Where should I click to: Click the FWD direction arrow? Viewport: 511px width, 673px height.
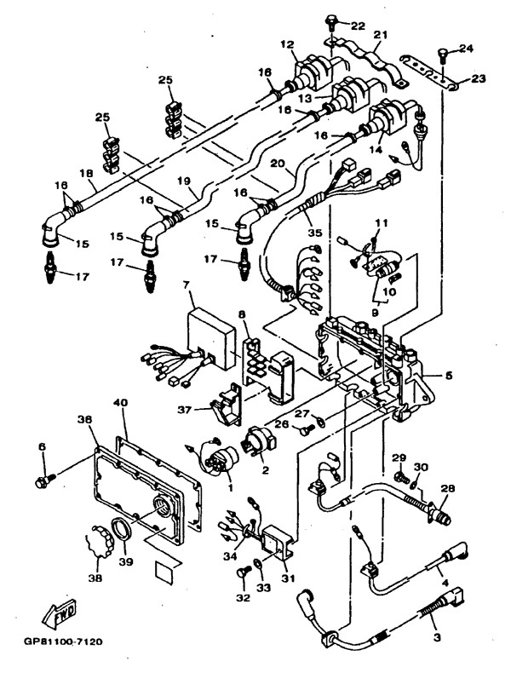60,612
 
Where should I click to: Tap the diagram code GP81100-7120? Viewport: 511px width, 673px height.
63,642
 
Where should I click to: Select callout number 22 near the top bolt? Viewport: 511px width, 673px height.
358,26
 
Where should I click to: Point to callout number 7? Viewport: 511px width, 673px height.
186,285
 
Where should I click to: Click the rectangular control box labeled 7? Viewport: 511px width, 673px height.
211,337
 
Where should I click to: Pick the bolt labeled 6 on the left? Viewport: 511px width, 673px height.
45,480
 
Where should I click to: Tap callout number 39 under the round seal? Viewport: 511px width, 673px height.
127,561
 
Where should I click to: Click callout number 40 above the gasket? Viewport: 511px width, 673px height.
121,403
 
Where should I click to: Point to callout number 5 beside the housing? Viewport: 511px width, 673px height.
448,375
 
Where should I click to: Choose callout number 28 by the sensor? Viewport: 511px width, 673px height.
448,488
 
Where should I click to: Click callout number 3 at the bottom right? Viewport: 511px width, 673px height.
437,637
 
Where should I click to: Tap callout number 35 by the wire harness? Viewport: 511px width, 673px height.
314,233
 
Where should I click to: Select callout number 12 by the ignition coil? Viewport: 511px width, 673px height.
289,43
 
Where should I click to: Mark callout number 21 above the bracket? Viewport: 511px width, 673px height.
380,34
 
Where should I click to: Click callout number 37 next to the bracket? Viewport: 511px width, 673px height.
185,410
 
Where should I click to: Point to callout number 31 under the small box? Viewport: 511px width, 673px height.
289,578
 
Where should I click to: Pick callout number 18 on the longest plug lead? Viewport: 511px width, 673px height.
87,173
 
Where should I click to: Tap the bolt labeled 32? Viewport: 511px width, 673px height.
243,572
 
